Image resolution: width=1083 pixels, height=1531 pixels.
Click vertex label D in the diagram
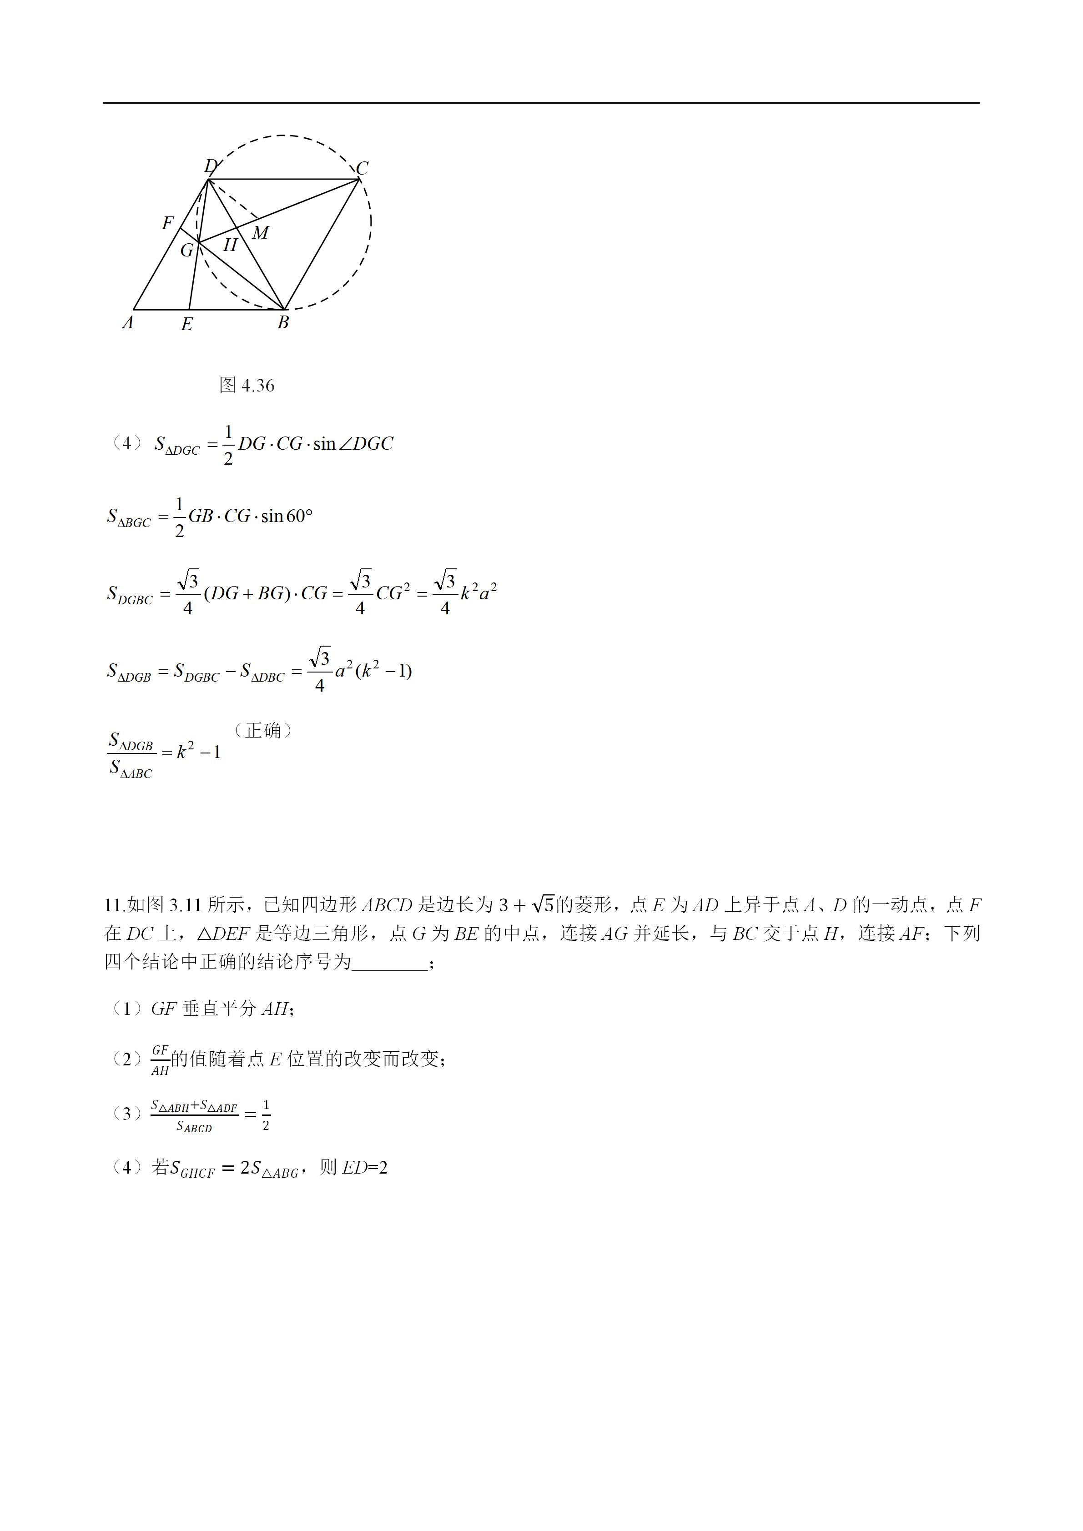tap(211, 166)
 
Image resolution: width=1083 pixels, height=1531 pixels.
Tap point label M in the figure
tap(260, 233)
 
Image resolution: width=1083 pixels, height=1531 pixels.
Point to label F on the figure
tap(167, 223)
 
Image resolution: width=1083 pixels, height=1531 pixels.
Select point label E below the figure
tap(187, 325)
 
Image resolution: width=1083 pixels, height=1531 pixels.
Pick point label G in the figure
tap(187, 250)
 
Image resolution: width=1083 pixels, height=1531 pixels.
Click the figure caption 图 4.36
tap(247, 386)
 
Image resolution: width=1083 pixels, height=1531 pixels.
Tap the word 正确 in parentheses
tap(263, 731)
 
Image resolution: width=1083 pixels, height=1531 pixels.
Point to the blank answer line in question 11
tap(389, 962)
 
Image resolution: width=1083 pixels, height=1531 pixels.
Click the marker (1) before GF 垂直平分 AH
tap(127, 1009)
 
